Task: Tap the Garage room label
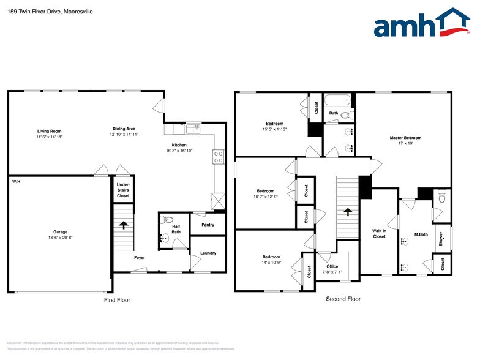[x=60, y=232]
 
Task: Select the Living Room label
[x=49, y=131]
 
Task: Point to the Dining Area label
[x=124, y=129]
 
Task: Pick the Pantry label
[x=208, y=225]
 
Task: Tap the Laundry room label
[x=208, y=253]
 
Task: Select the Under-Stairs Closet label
[x=123, y=190]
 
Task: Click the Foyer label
[x=140, y=258]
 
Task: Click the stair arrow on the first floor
[x=122, y=225]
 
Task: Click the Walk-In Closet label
[x=379, y=233]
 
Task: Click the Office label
[x=332, y=266]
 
